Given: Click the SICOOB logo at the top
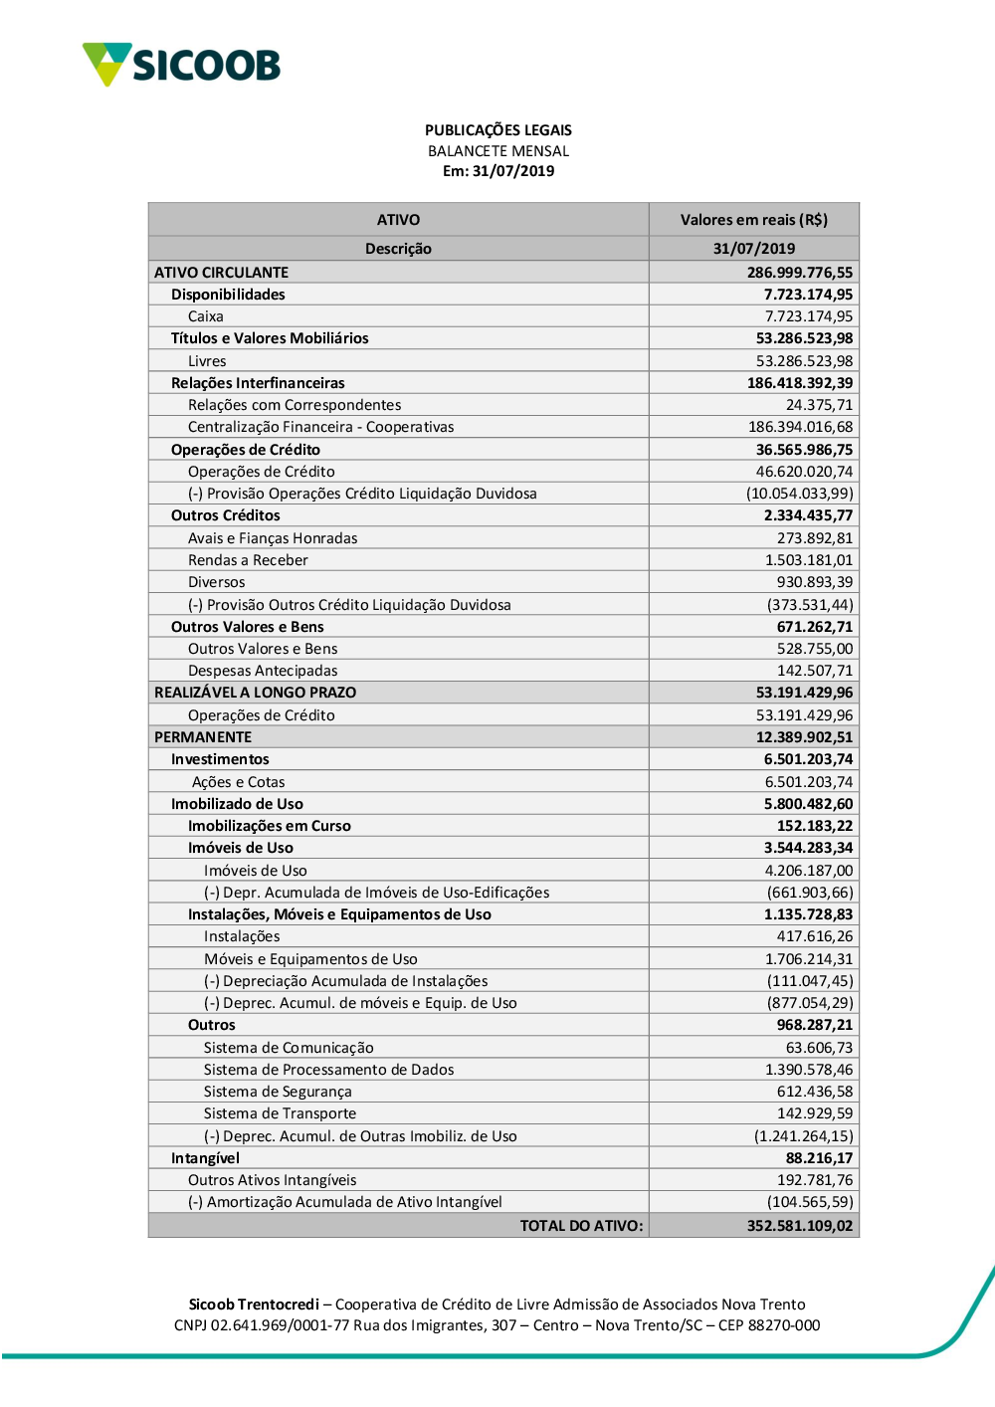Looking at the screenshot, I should click(x=182, y=65).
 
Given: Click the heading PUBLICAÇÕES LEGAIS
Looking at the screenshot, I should click(x=497, y=130).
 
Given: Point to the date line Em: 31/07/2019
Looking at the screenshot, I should click(x=497, y=171).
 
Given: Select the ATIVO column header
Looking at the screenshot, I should click(x=398, y=220).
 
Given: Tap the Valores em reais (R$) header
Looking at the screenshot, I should click(x=753, y=220).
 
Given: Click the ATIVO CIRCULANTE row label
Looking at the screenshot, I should click(x=221, y=273).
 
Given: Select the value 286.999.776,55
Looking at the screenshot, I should click(x=799, y=273).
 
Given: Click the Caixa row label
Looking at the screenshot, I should click(x=205, y=316).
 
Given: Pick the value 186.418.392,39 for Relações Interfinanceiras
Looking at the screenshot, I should click(x=799, y=383).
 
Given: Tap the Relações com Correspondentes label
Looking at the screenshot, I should click(x=295, y=405).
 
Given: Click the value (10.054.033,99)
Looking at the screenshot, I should click(x=799, y=494).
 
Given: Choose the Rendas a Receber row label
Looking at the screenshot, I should click(x=248, y=560).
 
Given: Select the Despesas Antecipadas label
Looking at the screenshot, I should click(x=263, y=671).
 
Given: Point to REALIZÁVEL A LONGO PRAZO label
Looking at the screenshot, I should click(x=255, y=693).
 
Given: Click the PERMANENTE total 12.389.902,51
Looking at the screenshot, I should click(x=804, y=737).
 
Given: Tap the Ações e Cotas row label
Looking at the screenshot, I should click(x=238, y=782).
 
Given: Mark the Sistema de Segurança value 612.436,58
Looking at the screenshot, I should click(x=814, y=1092).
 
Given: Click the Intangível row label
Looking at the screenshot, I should click(x=205, y=1158).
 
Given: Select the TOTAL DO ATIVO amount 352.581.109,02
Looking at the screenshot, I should click(x=799, y=1226).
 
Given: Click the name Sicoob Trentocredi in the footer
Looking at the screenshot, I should click(x=254, y=1305).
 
